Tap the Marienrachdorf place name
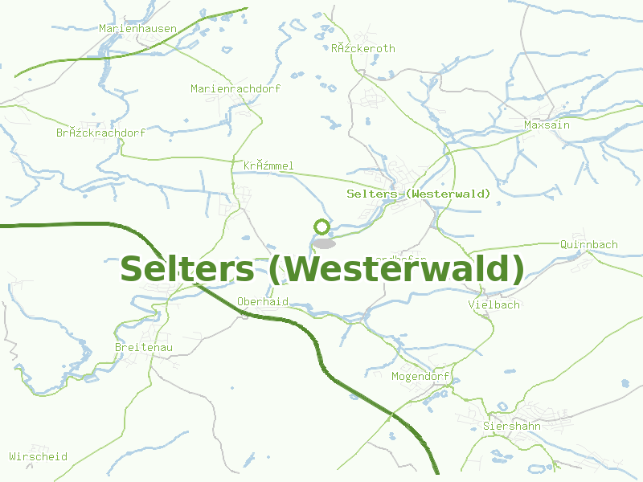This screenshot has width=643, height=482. [x=235, y=88]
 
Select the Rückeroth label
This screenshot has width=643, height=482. [x=363, y=48]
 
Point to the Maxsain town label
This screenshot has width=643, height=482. [x=547, y=125]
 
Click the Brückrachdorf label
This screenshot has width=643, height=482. [x=100, y=132]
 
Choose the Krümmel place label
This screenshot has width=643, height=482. [x=268, y=165]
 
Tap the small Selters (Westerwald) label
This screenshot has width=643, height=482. [x=418, y=194]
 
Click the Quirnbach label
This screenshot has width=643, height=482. [x=588, y=244]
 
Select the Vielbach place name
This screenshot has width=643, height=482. [x=494, y=304]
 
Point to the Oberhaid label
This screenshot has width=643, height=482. [x=262, y=301]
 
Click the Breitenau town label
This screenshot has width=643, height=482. [x=144, y=346]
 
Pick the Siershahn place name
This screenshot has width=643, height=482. [x=512, y=426]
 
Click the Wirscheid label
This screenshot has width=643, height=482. [x=39, y=456]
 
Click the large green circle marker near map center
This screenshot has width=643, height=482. [x=321, y=227]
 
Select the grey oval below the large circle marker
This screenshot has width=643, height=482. [x=324, y=243]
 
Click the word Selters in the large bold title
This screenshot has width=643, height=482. [x=186, y=268]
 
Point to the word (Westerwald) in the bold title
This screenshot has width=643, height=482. [x=396, y=268]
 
